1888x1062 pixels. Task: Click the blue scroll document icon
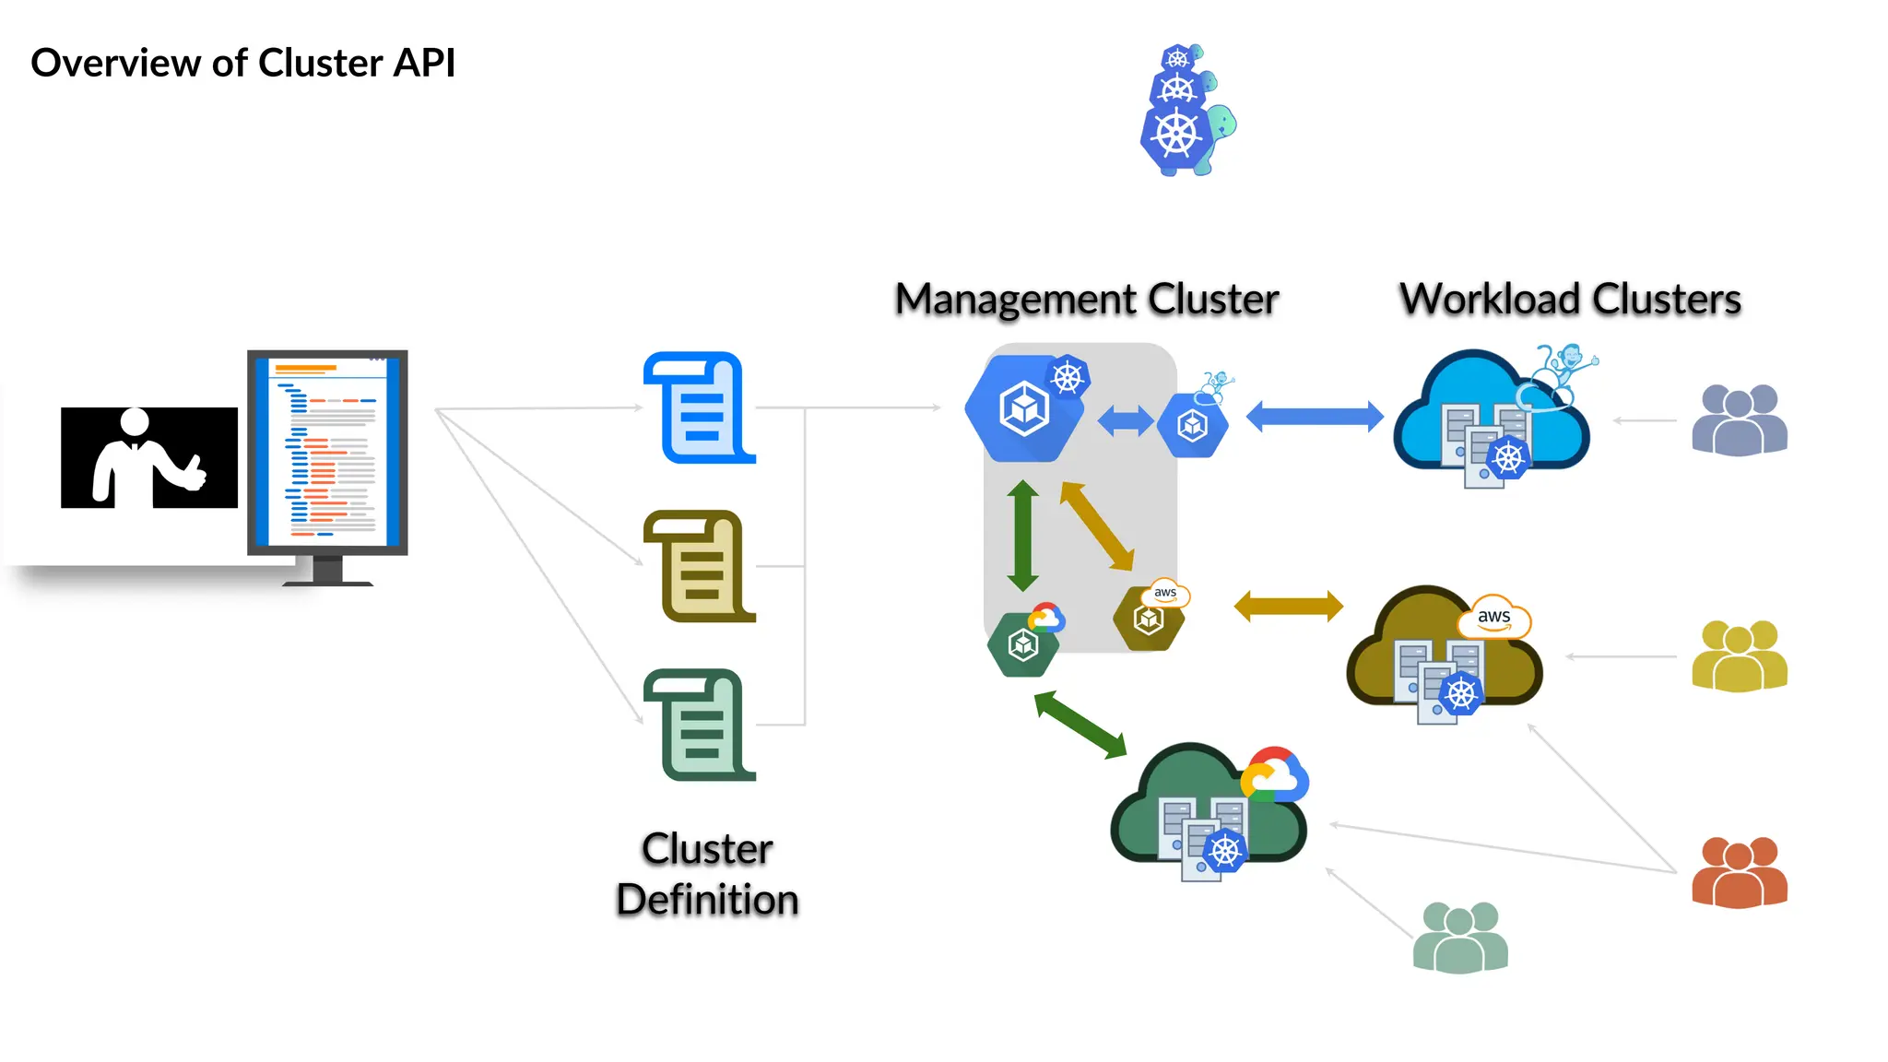click(x=700, y=407)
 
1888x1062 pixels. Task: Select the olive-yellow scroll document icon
click(x=700, y=566)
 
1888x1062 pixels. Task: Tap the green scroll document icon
click(x=700, y=725)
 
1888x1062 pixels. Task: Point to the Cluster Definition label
click(x=707, y=874)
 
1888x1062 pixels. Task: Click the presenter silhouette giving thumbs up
click(x=148, y=458)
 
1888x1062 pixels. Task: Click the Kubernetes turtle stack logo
click(x=1185, y=111)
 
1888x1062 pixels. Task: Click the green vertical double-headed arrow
click(x=1022, y=536)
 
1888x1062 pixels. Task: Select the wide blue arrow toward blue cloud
click(x=1315, y=417)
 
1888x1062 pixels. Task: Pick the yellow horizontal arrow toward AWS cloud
click(x=1288, y=607)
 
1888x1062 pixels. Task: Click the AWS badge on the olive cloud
click(x=1493, y=618)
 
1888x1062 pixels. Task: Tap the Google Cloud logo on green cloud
click(x=1274, y=774)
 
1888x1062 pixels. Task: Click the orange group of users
click(x=1739, y=872)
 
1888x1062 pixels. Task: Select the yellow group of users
click(x=1739, y=655)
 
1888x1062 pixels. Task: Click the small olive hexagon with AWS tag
click(x=1149, y=619)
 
